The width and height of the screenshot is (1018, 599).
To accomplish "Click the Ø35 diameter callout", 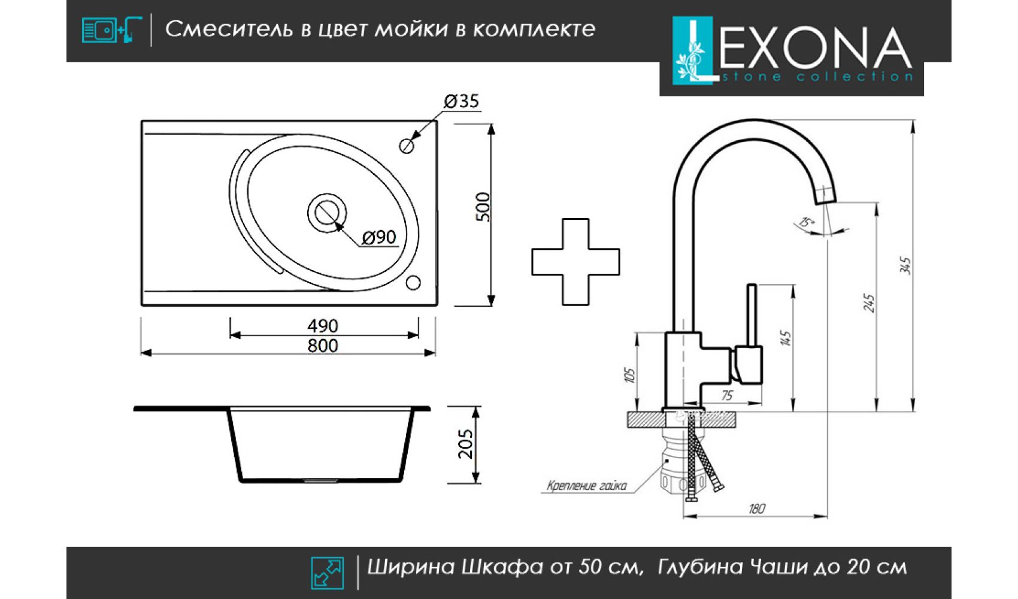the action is click(x=461, y=101).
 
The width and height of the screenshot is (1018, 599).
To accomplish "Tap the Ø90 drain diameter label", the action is click(x=379, y=237).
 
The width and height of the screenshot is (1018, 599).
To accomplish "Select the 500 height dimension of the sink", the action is click(x=483, y=207).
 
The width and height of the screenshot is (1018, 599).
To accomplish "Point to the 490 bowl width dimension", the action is click(x=323, y=326).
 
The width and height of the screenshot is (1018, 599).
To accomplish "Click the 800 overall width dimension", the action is click(x=323, y=346).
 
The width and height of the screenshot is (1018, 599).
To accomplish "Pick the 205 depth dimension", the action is click(x=465, y=444).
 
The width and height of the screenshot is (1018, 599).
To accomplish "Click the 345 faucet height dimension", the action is click(x=906, y=266).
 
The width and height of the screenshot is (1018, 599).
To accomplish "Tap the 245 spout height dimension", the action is click(x=868, y=303).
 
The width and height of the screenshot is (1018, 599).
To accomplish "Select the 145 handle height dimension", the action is click(x=786, y=338).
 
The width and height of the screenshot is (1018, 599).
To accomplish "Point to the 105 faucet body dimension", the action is click(x=630, y=375).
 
